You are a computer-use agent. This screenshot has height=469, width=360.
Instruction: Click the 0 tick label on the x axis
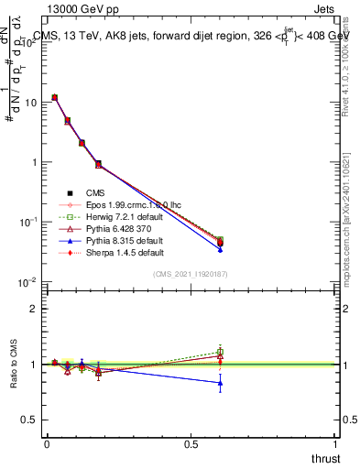[x=47, y=444]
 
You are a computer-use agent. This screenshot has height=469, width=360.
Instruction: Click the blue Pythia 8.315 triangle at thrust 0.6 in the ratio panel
[x=220, y=383]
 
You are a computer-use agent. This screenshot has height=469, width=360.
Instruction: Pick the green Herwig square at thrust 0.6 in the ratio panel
[x=220, y=352]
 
